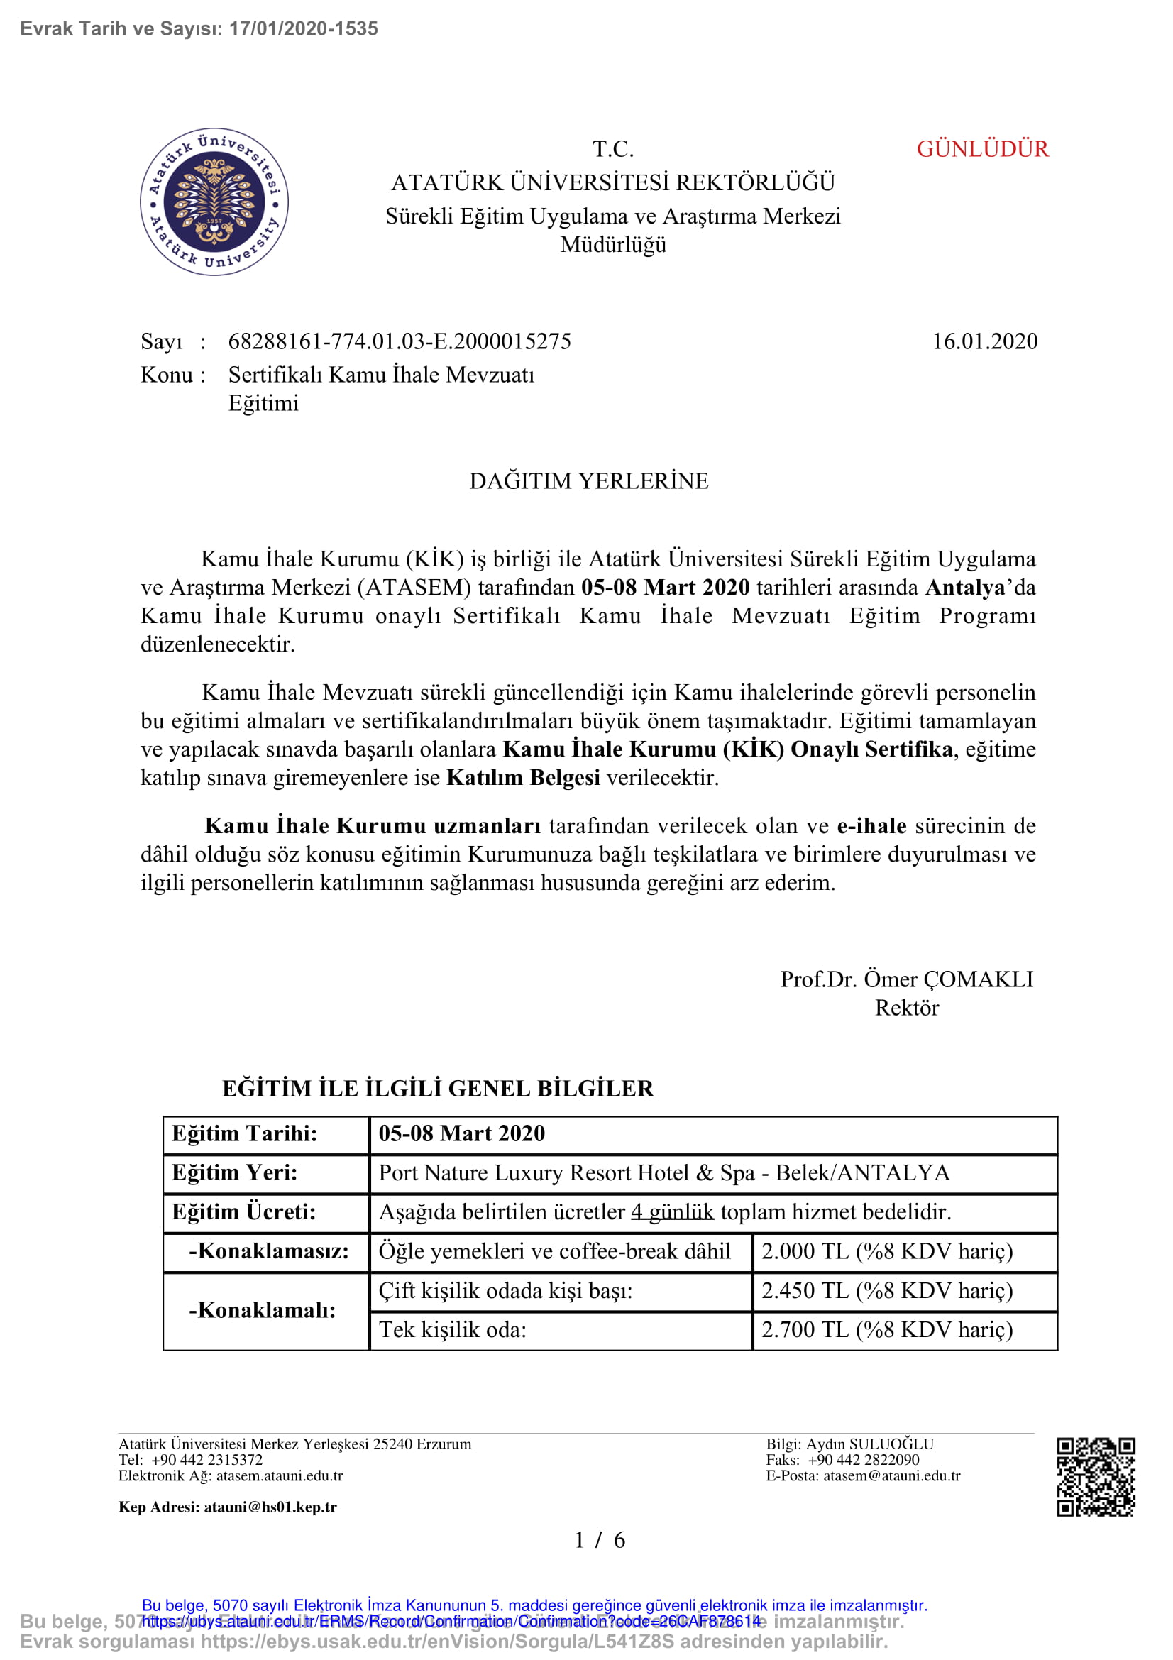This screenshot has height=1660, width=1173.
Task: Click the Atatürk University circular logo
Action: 214,202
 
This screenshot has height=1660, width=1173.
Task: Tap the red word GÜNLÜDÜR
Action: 981,149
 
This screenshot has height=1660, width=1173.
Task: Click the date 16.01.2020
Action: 984,341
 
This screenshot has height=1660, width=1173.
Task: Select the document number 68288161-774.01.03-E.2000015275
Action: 399,341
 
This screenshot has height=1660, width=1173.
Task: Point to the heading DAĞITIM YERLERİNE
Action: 588,480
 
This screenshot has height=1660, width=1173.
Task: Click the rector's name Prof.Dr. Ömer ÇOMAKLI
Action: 906,979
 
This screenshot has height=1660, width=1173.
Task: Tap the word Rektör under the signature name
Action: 906,1008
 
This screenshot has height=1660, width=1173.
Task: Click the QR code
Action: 1095,1476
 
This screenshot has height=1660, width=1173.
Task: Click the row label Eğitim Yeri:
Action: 234,1172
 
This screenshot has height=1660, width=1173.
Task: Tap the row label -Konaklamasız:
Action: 268,1251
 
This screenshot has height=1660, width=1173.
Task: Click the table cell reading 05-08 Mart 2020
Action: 461,1133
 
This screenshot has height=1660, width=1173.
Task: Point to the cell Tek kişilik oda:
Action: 453,1329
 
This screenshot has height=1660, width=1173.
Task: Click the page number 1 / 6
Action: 599,1540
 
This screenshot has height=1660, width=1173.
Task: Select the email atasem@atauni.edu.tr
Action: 891,1475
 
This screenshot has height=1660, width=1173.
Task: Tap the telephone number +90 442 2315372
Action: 206,1460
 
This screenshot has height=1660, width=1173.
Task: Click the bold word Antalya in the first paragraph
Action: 965,587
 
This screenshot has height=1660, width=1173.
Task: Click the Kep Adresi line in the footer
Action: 227,1507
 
